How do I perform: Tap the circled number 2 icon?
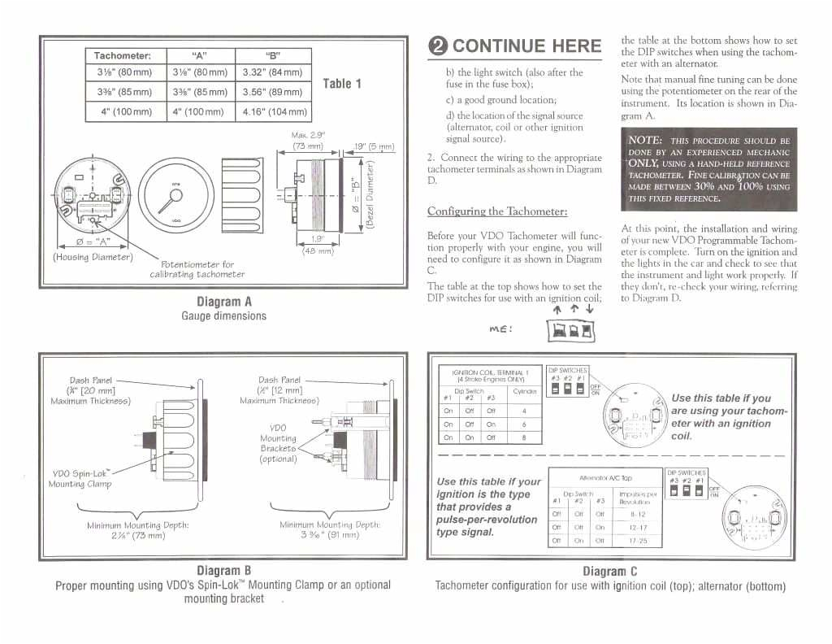pyautogui.click(x=439, y=46)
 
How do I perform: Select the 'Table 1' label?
pyautogui.click(x=342, y=83)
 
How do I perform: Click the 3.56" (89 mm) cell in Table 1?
pyautogui.click(x=272, y=92)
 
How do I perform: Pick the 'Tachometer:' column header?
pyautogui.click(x=123, y=55)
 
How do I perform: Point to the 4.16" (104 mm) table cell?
pyautogui.click(x=275, y=111)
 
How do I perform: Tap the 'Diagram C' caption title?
pyautogui.click(x=609, y=571)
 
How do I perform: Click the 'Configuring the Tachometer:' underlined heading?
pyautogui.click(x=497, y=211)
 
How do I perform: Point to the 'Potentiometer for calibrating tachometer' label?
pyautogui.click(x=197, y=269)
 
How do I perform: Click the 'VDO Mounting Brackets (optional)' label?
pyautogui.click(x=278, y=443)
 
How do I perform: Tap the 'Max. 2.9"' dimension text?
pyautogui.click(x=308, y=135)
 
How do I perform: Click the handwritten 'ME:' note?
pyautogui.click(x=500, y=329)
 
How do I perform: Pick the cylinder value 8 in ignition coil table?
pyautogui.click(x=523, y=437)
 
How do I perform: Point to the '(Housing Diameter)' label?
pyautogui.click(x=92, y=257)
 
